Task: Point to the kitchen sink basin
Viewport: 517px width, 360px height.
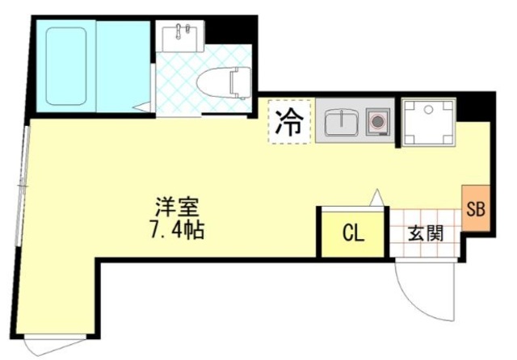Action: [x=342, y=123]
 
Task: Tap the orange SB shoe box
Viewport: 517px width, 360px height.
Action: [x=475, y=210]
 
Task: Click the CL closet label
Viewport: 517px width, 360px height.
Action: [x=354, y=234]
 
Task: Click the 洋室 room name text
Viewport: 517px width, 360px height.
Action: [x=177, y=207]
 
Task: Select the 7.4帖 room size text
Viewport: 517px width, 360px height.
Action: [x=176, y=230]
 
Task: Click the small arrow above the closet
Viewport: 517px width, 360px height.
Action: [x=375, y=196]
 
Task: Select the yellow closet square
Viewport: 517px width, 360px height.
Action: [x=343, y=234]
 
